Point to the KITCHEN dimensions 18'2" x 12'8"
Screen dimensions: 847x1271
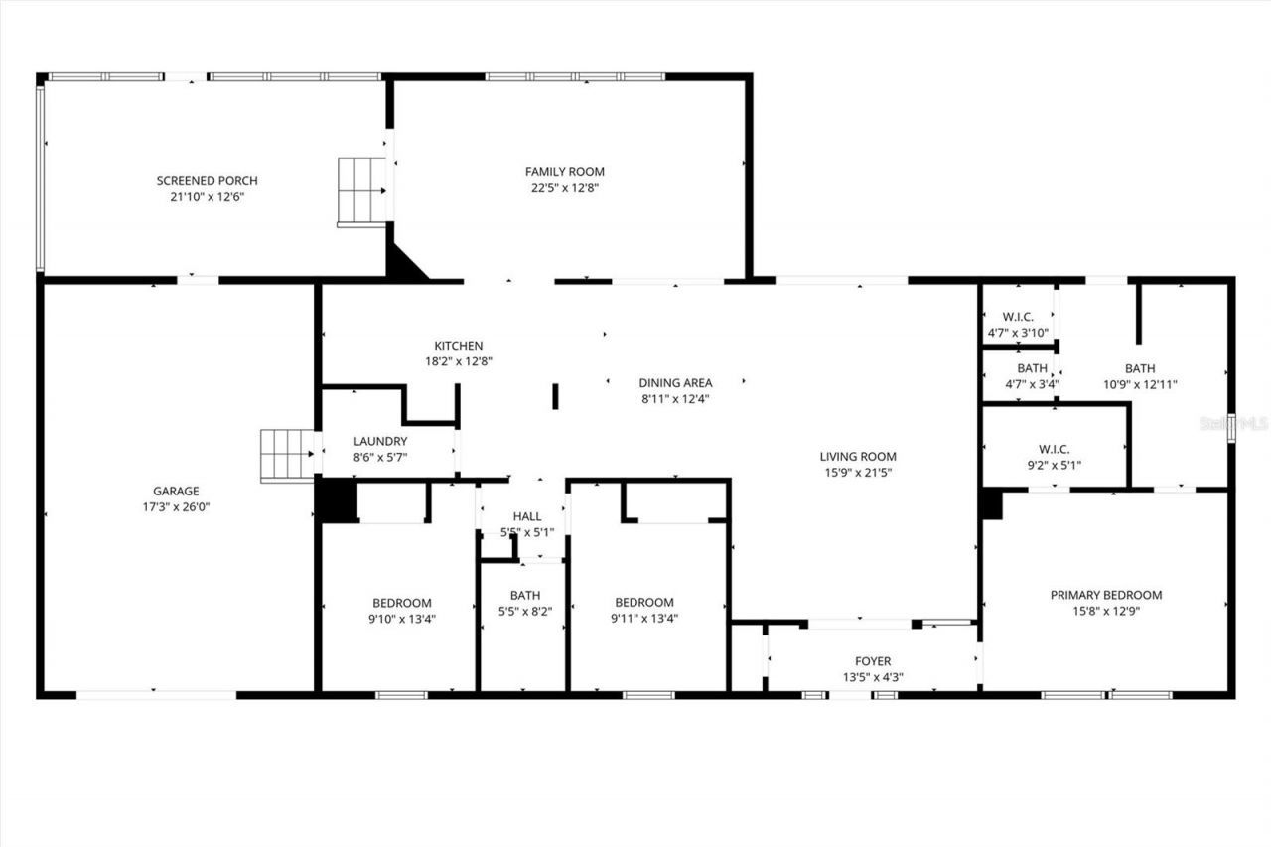458,361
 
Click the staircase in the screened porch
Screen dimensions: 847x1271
362,191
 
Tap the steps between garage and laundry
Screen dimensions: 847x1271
287,455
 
